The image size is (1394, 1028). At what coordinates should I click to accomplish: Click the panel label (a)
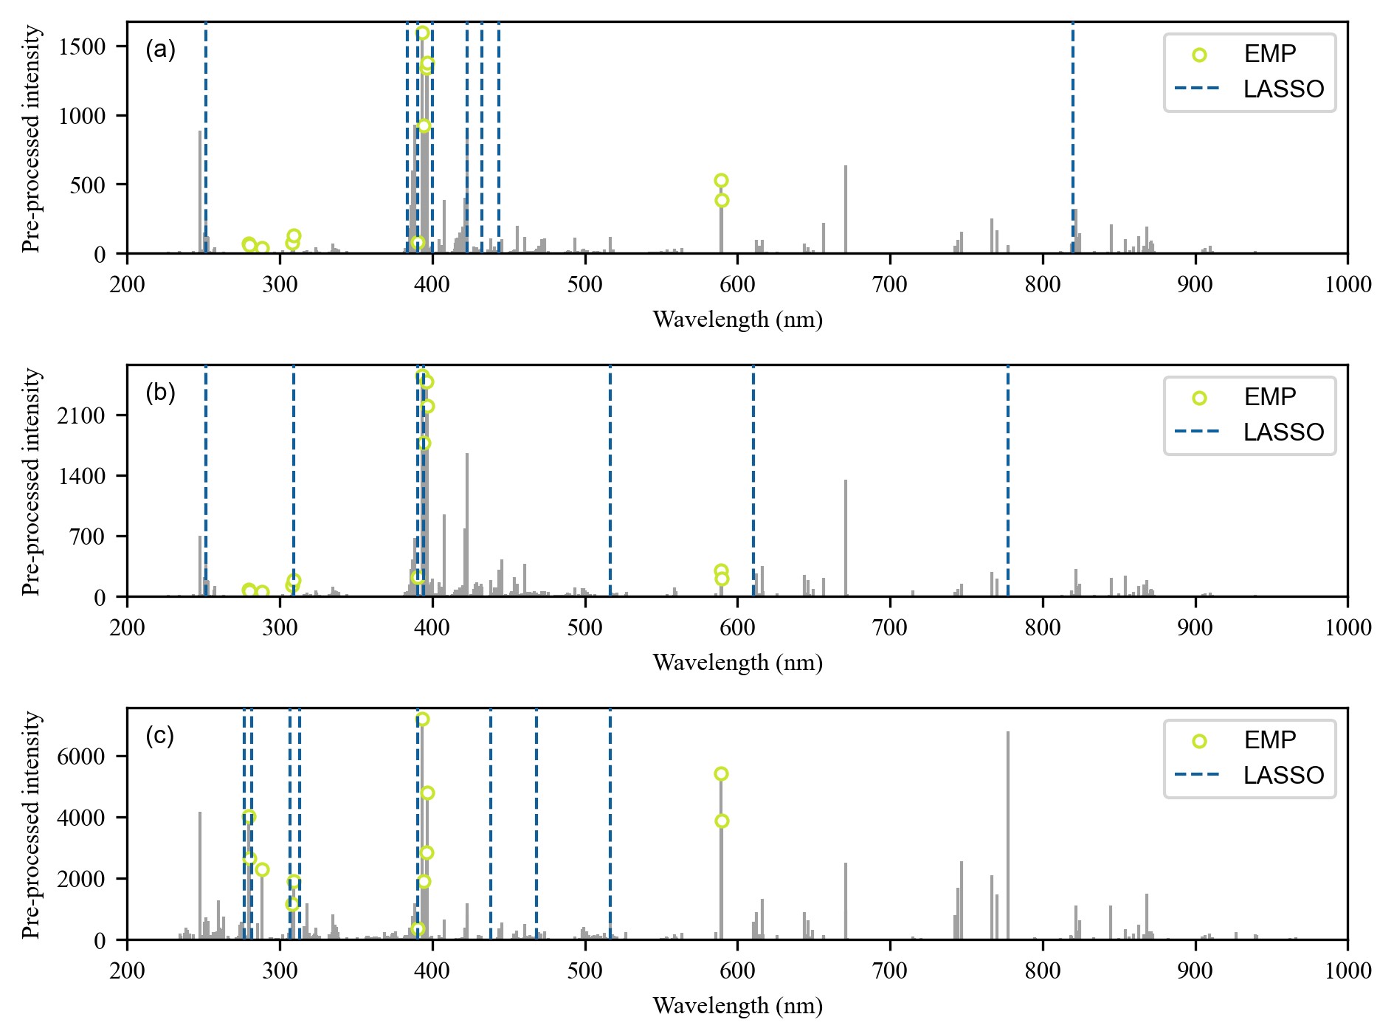pos(160,50)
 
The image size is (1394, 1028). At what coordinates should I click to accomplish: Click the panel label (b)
pos(160,393)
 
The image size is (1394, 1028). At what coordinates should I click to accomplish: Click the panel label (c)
pos(160,736)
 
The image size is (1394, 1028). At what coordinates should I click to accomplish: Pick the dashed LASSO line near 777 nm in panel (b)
pos(1007,480)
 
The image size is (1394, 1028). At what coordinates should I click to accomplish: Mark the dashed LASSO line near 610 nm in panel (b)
pos(753,480)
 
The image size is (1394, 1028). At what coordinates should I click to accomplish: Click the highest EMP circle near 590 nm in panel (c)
pos(721,773)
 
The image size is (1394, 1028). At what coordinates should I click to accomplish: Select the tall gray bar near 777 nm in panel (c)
pos(1008,834)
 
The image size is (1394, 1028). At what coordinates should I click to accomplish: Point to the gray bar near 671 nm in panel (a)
pos(846,210)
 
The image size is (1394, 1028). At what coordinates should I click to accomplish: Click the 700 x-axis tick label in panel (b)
pos(890,628)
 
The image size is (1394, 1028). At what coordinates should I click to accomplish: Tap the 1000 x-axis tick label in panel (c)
pos(1348,971)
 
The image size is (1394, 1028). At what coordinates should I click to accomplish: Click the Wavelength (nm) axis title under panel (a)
pos(737,320)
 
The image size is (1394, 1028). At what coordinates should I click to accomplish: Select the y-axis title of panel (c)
pos(31,824)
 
